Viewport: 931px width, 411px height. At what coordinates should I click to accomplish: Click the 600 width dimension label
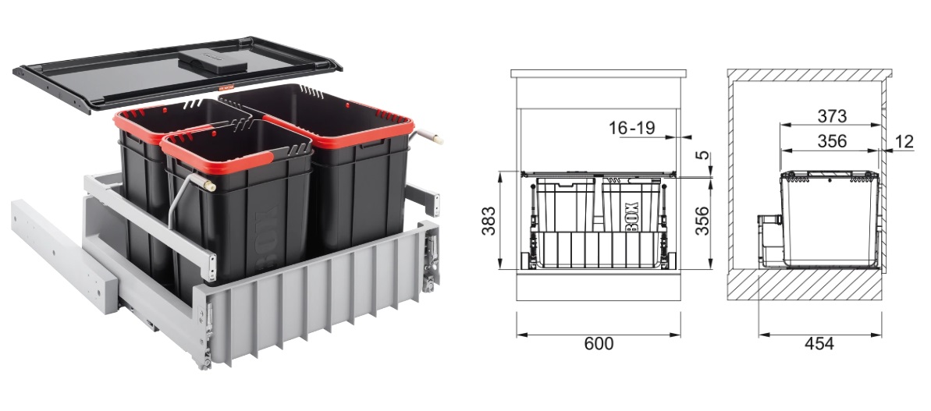click(599, 344)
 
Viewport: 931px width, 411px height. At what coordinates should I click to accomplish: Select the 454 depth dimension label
click(819, 344)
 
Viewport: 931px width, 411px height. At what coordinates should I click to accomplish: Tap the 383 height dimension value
click(489, 221)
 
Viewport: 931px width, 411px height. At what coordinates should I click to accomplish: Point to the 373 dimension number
click(832, 116)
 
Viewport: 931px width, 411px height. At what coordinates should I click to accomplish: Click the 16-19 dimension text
click(632, 127)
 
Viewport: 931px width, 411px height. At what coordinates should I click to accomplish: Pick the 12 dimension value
click(904, 141)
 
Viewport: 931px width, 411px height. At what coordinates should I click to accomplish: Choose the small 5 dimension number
click(702, 155)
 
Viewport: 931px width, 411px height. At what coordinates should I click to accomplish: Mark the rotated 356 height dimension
click(702, 221)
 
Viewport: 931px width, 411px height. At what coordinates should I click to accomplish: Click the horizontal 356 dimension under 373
click(832, 141)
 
